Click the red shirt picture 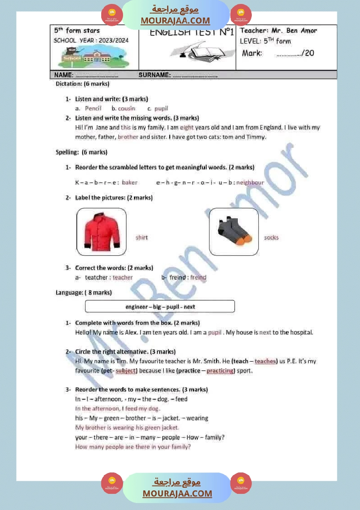102,232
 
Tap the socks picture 234,232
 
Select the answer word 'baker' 130,182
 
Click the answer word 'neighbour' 250,182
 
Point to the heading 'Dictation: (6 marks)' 82,83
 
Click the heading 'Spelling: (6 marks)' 82,152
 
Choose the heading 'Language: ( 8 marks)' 84,292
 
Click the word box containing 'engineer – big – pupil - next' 160,307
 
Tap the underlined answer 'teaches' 265,361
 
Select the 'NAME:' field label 63,75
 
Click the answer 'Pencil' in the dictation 93,108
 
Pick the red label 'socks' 271,238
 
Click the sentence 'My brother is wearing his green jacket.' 127,428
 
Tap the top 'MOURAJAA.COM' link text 175,21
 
